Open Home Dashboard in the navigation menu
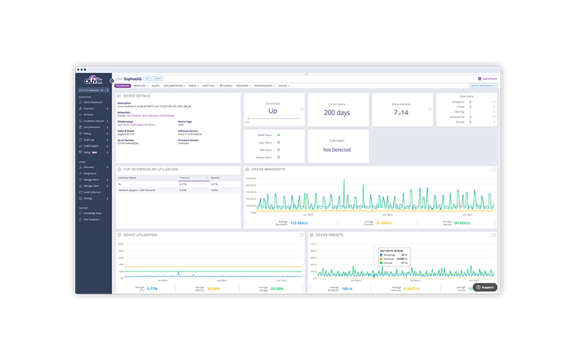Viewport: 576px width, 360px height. (93, 102)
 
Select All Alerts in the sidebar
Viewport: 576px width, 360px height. (89, 114)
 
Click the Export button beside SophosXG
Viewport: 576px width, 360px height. (158, 78)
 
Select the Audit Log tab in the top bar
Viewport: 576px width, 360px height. (209, 85)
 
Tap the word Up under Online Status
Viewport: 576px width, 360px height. (273, 112)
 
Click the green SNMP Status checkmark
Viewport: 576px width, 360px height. (278, 135)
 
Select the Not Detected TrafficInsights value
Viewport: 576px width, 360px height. (338, 150)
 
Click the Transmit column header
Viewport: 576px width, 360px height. (184, 176)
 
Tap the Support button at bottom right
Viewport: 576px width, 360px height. (485, 287)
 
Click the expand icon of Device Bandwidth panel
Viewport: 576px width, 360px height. (494, 169)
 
